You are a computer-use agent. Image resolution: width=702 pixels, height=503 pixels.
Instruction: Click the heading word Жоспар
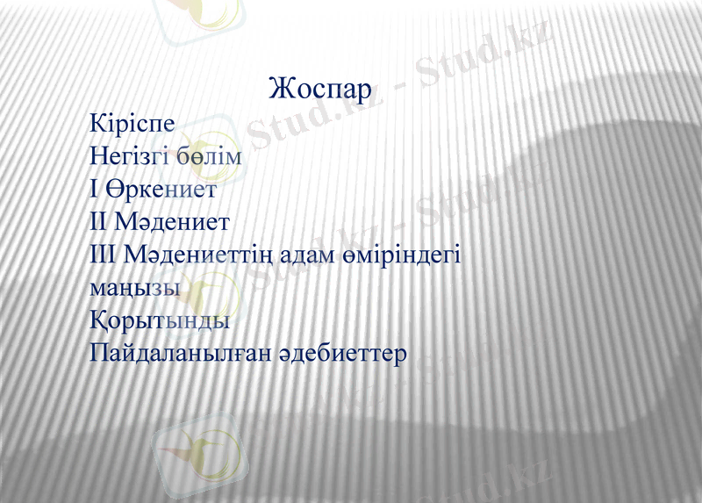pyautogui.click(x=320, y=90)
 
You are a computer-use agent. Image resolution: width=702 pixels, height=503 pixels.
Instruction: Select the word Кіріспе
pyautogui.click(x=133, y=123)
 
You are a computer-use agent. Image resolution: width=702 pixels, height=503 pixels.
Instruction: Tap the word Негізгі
pyautogui.click(x=128, y=156)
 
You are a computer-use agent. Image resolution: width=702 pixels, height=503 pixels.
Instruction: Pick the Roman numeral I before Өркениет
pyautogui.click(x=94, y=188)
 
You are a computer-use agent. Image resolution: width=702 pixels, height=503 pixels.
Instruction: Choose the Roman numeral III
pyautogui.click(x=103, y=254)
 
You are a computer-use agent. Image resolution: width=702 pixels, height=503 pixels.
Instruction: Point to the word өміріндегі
pyautogui.click(x=406, y=255)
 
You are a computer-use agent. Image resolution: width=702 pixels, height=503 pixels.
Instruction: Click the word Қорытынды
pyautogui.click(x=160, y=321)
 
